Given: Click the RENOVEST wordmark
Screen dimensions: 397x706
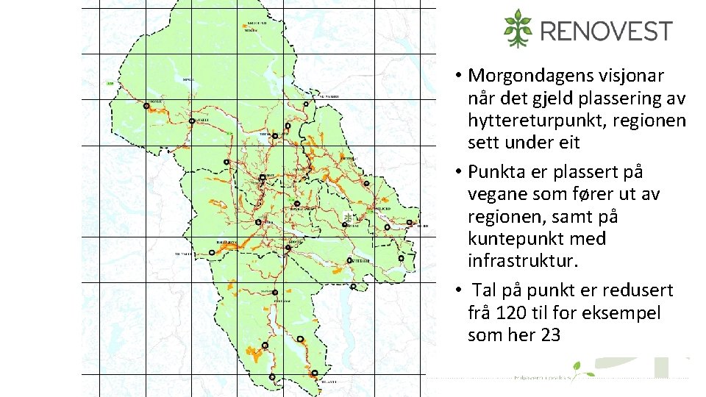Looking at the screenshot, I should coord(606,31).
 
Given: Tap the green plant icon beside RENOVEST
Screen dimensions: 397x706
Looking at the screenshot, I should coord(518,29).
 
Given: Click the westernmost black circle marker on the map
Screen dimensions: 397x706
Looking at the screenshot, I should coord(146,106).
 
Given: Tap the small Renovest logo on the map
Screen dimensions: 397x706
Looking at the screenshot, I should coord(347,216).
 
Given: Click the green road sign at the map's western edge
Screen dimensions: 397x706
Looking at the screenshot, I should coord(110,84).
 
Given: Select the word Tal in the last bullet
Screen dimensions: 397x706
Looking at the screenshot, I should coord(485,290).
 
